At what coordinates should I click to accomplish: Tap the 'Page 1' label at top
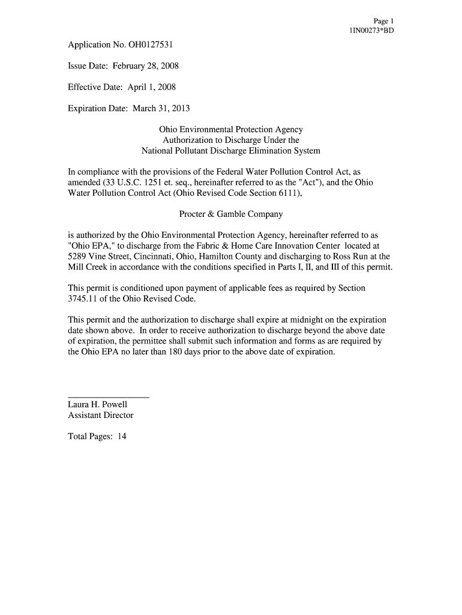(x=383, y=20)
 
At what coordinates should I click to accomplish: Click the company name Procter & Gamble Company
(x=230, y=214)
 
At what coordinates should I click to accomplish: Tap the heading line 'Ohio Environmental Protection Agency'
(x=230, y=130)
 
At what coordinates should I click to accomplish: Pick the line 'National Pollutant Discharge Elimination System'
(x=230, y=151)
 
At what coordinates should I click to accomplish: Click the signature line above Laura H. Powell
(x=109, y=398)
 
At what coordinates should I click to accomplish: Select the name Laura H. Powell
(x=98, y=405)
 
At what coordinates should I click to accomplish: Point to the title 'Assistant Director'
(x=101, y=415)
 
